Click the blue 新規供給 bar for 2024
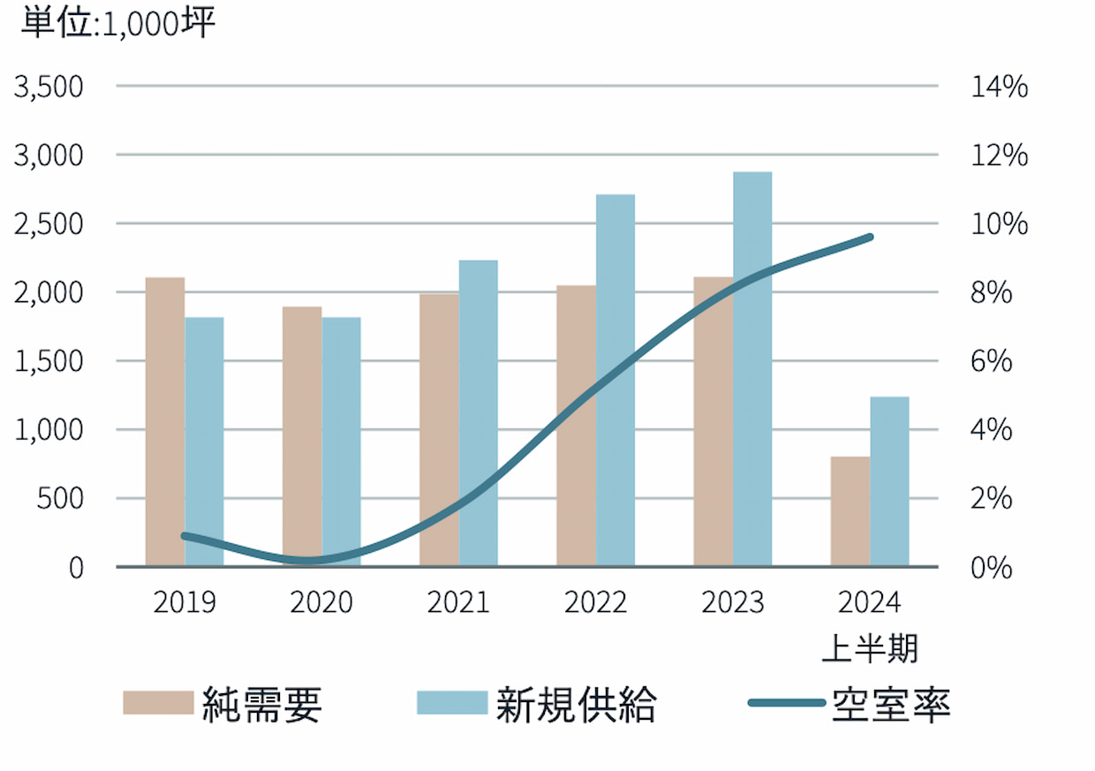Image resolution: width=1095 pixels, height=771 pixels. [x=889, y=481]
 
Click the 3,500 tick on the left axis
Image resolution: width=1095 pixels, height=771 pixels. [x=50, y=87]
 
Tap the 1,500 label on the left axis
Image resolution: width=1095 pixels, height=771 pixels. [x=50, y=361]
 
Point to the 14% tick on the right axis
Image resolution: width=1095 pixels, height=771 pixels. [x=999, y=87]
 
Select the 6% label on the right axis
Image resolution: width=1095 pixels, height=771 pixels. [x=991, y=361]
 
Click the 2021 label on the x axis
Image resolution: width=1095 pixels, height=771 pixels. [x=458, y=602]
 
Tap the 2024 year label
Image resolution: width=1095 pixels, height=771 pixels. [x=870, y=602]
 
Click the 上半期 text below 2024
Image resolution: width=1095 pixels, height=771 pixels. [x=870, y=649]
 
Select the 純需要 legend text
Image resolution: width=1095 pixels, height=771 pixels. [x=261, y=704]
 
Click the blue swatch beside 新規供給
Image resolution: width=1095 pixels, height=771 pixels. [x=451, y=703]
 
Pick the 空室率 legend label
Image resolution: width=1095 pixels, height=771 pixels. [x=890, y=704]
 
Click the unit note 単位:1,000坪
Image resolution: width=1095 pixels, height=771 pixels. [x=119, y=24]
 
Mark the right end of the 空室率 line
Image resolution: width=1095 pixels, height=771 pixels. [x=870, y=237]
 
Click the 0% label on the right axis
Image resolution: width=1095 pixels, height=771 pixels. [x=991, y=567]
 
